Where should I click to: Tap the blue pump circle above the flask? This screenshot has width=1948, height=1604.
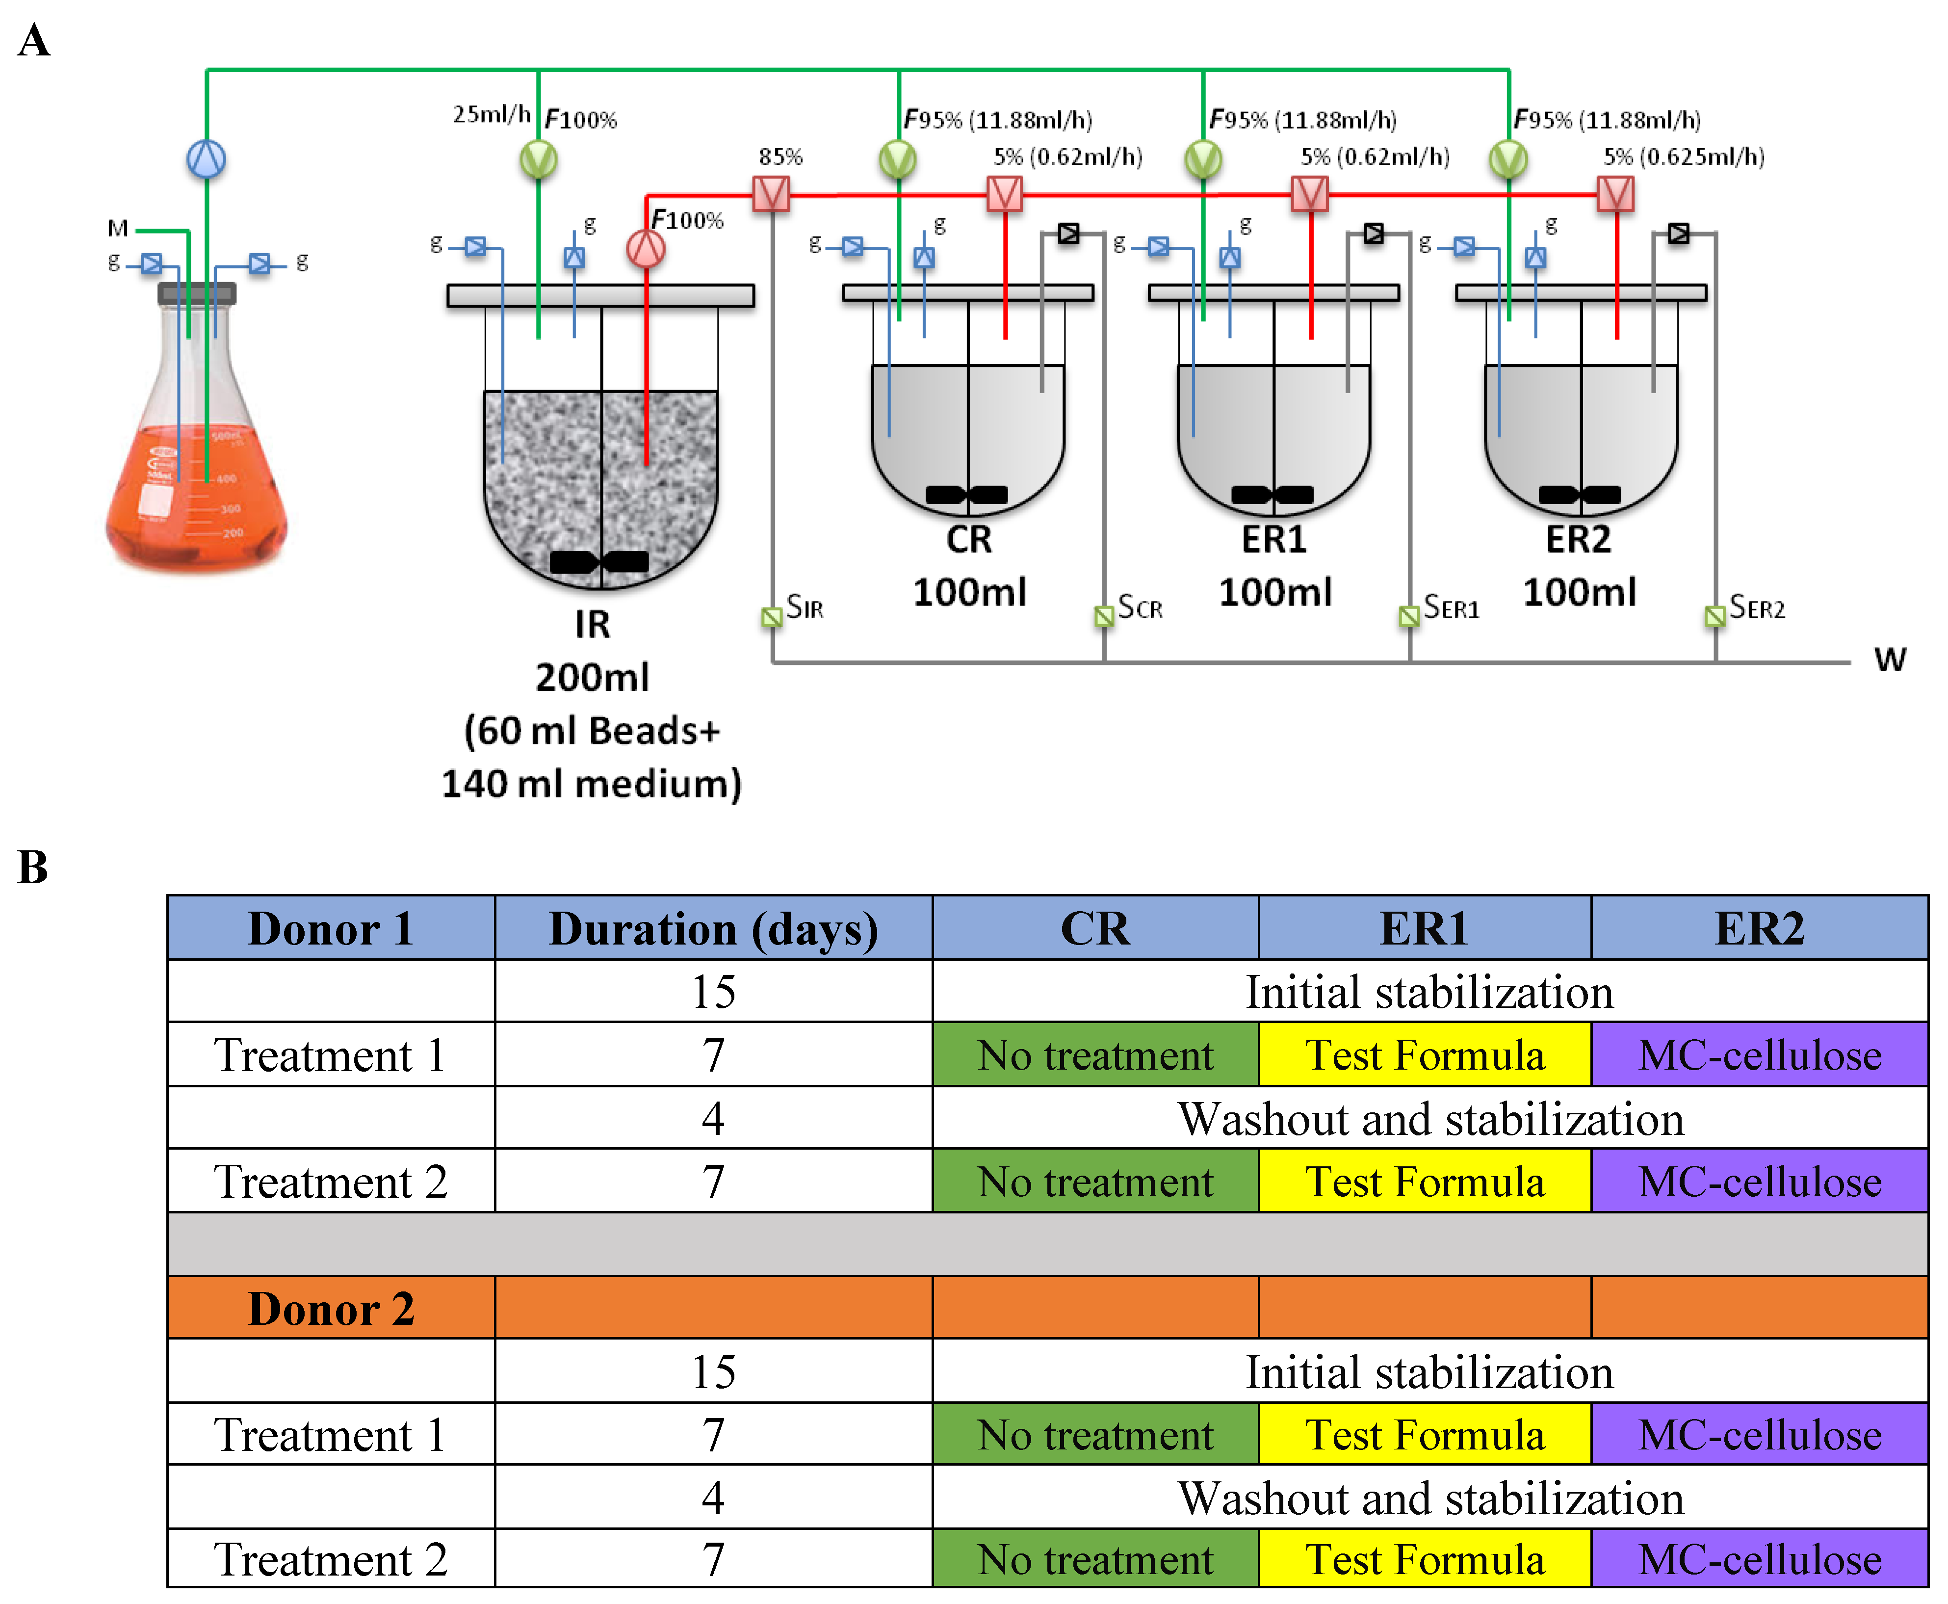pos(206,159)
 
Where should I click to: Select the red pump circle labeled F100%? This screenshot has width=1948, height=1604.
pos(646,248)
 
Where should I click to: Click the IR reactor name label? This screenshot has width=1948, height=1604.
pos(592,625)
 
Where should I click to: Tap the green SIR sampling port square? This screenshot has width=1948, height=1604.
pos(771,616)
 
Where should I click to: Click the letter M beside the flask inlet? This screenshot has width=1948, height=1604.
pos(117,227)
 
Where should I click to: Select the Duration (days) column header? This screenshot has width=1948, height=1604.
pos(713,928)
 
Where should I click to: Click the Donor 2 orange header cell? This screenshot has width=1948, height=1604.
pos(331,1308)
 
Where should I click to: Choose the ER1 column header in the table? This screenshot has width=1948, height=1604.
pos(1424,928)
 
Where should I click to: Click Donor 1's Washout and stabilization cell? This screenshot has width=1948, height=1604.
pos(1430,1119)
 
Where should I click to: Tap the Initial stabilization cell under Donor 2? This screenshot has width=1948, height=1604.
pos(1430,1372)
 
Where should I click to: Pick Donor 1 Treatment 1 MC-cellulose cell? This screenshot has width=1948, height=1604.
pos(1760,1055)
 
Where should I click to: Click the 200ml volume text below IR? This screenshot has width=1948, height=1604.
pos(592,677)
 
